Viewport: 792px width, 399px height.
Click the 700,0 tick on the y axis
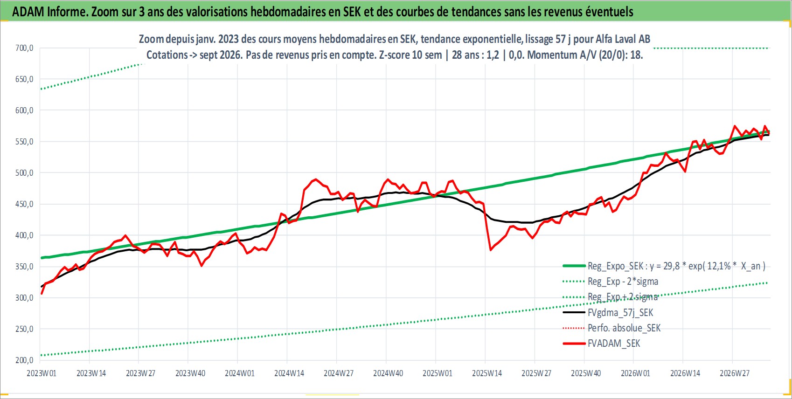(x=24, y=48)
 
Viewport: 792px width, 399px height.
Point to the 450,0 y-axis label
(x=24, y=204)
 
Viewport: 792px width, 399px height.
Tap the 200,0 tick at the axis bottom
(x=24, y=360)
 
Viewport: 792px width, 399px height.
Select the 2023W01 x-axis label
(x=42, y=373)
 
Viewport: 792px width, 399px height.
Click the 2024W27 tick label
(x=339, y=373)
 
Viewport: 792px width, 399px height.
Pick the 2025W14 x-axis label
(x=487, y=373)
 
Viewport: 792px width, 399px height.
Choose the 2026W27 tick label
(x=734, y=373)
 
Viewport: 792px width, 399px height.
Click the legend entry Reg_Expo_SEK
(x=664, y=266)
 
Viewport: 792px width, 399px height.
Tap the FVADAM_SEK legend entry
(x=601, y=344)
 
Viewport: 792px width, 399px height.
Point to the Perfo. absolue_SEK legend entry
(x=611, y=328)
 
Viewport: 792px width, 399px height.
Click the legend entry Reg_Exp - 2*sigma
(x=611, y=282)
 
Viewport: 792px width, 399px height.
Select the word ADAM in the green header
(x=28, y=12)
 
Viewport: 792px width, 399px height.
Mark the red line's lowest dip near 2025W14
(x=491, y=250)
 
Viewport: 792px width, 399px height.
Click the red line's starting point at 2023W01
(x=42, y=293)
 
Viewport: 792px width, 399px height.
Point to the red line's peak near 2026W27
(x=734, y=126)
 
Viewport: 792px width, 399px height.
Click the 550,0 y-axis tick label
(x=24, y=142)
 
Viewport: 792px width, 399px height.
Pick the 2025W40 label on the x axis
(x=586, y=373)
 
